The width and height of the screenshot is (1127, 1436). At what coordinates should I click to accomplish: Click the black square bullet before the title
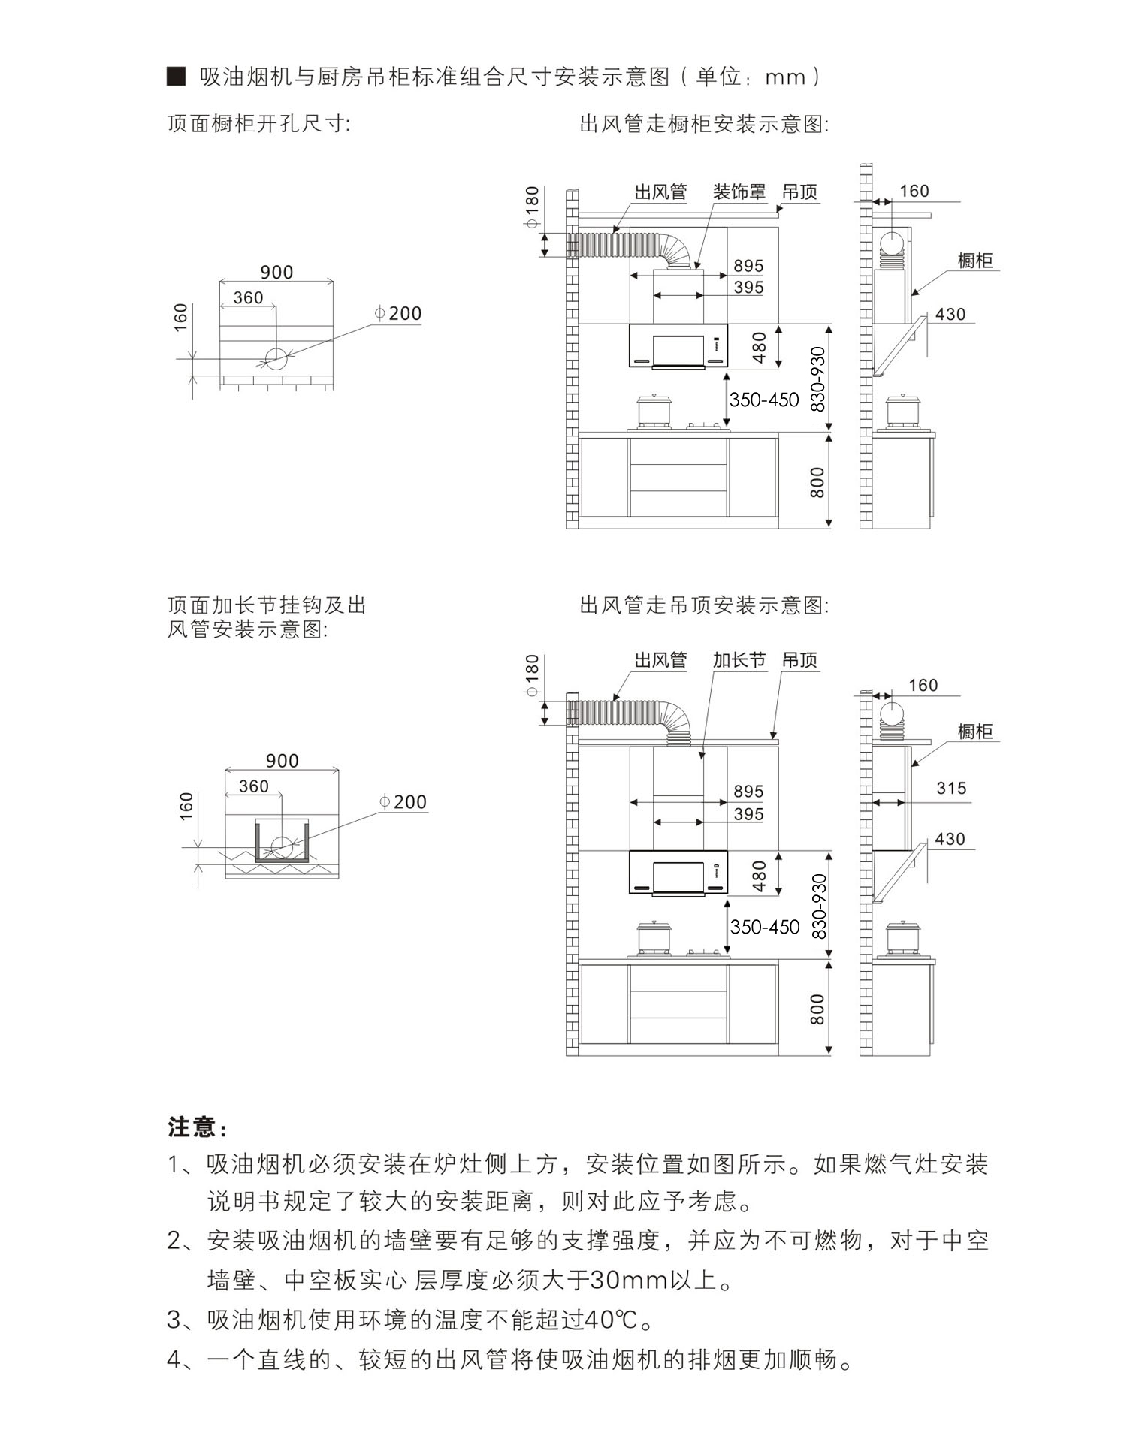(x=176, y=77)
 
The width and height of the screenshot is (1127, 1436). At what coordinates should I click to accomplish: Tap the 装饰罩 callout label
(x=739, y=192)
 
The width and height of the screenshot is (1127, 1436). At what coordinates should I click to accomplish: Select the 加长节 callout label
(x=739, y=660)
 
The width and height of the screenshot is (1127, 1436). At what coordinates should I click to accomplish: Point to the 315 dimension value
(x=951, y=788)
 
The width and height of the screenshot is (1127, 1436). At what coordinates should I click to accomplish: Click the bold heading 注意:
(x=197, y=1127)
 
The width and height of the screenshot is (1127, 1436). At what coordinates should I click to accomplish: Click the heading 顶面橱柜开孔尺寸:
(x=258, y=123)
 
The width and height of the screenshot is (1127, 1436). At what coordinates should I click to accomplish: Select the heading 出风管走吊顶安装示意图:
(x=705, y=605)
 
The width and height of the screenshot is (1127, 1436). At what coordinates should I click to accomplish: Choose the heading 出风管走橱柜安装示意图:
(x=705, y=124)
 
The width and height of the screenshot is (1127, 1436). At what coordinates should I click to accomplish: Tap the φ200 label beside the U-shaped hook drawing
(x=403, y=802)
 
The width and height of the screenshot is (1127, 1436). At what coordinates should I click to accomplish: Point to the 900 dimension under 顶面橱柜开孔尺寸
(x=276, y=272)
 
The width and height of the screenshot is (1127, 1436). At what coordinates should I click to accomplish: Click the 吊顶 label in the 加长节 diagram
(x=799, y=660)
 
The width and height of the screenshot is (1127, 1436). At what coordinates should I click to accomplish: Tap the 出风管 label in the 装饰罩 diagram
(x=660, y=192)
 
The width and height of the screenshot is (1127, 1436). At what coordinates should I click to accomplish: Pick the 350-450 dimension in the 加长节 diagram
(x=764, y=928)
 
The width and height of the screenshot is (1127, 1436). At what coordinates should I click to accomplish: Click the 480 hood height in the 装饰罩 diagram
(x=759, y=348)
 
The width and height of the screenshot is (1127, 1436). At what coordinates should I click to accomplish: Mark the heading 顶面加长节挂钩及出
(x=266, y=605)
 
